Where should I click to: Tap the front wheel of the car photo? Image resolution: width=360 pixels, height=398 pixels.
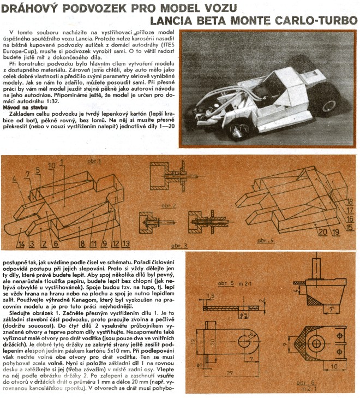tap(238, 129)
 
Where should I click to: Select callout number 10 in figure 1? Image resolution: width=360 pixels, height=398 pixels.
tap(52, 165)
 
